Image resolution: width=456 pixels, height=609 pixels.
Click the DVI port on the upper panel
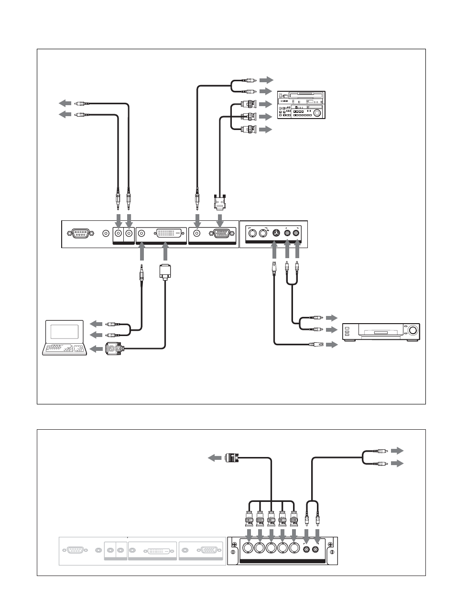coord(168,234)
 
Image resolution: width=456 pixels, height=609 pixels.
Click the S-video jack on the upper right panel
coord(276,233)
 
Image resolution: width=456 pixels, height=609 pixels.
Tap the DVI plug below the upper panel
coord(164,272)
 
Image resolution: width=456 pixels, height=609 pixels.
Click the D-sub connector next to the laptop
coord(115,349)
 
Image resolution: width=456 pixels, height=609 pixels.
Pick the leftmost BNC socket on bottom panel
coord(249,548)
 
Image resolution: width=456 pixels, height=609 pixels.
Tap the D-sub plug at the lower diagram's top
coord(231,458)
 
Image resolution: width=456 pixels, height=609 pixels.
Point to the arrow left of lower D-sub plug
coord(215,458)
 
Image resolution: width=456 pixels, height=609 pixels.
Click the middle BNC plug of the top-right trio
coord(249,117)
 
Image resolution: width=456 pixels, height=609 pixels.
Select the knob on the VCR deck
coord(412,330)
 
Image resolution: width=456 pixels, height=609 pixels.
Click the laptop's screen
coord(65,332)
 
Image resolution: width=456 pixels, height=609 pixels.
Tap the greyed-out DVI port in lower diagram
coord(153,551)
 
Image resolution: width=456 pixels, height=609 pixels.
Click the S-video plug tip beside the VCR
coord(316,344)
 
